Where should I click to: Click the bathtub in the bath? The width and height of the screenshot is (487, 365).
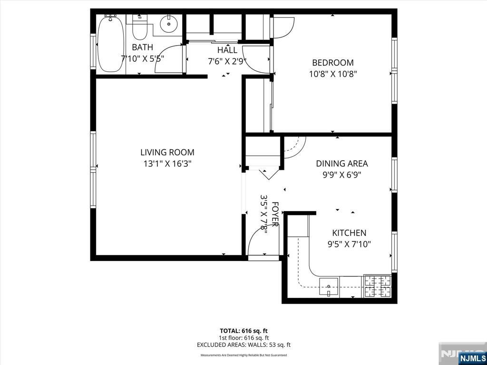(110, 44)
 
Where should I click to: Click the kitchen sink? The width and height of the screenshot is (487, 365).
(329, 287)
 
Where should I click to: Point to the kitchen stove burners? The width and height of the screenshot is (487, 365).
(377, 287)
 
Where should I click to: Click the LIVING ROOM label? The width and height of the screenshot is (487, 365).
(167, 153)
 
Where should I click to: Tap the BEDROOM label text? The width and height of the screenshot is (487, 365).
(332, 63)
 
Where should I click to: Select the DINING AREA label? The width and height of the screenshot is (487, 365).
(341, 163)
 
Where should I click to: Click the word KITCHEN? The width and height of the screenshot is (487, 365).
(349, 233)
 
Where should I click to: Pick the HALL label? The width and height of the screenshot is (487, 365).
(227, 50)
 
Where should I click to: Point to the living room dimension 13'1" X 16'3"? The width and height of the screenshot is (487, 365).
(167, 163)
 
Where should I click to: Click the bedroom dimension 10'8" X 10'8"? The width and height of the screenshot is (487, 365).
(332, 74)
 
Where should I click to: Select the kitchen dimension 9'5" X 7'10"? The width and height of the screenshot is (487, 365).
(349, 244)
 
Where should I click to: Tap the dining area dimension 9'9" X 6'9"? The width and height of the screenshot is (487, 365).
(341, 174)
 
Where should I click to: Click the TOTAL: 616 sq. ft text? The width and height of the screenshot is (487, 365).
(243, 331)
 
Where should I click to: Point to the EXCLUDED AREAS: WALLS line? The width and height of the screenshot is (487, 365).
(243, 345)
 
